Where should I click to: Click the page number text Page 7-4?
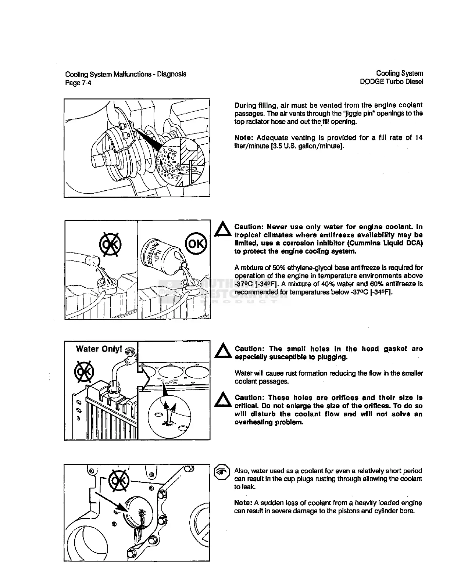click(78, 83)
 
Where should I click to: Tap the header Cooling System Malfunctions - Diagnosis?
click(125, 74)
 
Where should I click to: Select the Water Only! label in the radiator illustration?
click(98, 349)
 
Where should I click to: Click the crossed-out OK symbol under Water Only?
click(84, 372)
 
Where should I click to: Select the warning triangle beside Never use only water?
click(222, 230)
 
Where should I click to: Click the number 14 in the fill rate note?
click(418, 138)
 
